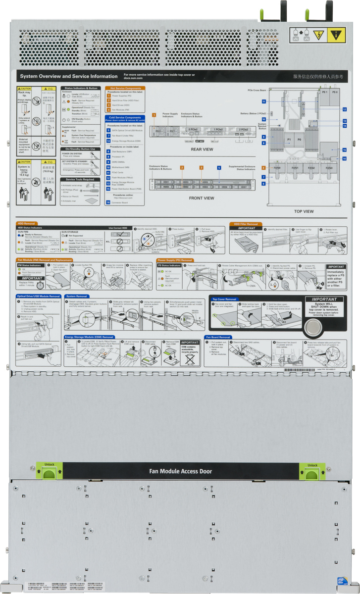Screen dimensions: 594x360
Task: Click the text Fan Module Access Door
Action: point(181,471)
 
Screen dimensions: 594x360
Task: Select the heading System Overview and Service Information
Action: point(68,77)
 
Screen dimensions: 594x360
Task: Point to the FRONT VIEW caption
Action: point(202,198)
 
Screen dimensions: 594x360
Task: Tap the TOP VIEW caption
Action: point(304,211)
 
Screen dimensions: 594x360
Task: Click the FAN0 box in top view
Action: point(277,168)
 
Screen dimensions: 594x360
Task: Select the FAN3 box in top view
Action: point(329,168)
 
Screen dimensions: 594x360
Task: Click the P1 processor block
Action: point(290,140)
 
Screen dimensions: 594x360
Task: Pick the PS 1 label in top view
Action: point(325,93)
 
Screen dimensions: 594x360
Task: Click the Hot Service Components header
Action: point(125,88)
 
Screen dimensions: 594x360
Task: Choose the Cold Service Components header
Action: point(125,119)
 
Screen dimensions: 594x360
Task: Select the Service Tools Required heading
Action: point(80,179)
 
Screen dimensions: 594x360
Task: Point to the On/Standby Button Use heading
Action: point(81,148)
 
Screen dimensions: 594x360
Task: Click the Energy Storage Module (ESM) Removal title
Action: point(94,337)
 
